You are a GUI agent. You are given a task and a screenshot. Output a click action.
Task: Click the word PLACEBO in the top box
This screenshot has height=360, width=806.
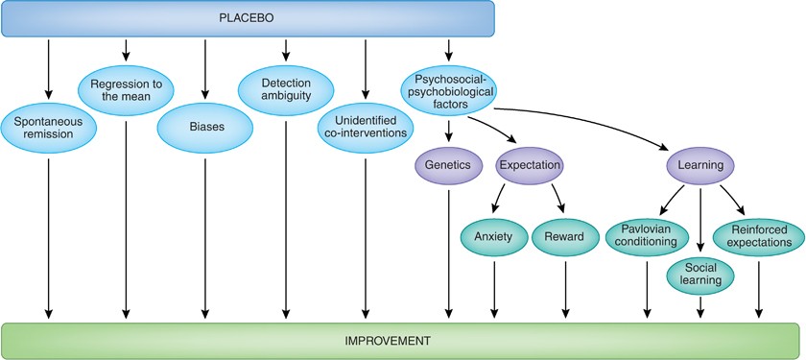247,18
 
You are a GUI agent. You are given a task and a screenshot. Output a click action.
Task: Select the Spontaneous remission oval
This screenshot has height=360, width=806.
49,127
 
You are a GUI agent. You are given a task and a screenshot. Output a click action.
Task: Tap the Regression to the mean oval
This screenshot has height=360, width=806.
126,90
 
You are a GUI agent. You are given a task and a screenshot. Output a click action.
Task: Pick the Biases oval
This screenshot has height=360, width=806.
204,126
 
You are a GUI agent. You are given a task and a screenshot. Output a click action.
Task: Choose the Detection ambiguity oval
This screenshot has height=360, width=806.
286,90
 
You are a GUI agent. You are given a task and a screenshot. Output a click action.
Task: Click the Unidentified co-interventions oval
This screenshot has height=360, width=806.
366,127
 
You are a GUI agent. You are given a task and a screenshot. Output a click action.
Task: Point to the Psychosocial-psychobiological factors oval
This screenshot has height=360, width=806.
447,90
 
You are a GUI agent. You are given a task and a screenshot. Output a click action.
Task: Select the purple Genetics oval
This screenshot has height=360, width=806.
449,165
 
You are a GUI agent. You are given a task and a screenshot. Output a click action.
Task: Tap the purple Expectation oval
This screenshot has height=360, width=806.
530,165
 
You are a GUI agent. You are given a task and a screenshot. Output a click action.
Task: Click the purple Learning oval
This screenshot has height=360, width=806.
700,165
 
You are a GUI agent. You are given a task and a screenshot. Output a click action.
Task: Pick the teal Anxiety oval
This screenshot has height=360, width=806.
494,236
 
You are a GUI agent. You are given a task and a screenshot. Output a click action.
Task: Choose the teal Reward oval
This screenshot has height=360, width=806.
565,236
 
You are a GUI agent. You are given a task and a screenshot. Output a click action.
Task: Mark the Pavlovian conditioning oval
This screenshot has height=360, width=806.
647,236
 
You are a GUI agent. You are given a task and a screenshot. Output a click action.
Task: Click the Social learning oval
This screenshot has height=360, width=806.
700,273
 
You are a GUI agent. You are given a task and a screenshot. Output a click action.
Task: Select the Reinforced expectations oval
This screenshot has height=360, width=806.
758,236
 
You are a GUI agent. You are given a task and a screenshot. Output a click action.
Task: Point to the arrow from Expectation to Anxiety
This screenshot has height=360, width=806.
499,198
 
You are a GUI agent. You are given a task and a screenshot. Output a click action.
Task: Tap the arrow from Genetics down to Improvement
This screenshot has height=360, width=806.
449,254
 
